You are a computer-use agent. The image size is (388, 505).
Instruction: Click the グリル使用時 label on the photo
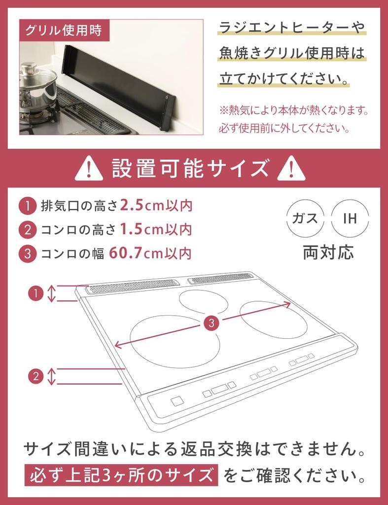(x=63, y=30)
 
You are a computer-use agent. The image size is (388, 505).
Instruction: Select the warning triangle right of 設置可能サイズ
(x=291, y=169)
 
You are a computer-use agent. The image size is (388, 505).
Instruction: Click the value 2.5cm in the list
(x=144, y=206)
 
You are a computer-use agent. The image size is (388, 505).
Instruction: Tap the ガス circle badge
(x=305, y=218)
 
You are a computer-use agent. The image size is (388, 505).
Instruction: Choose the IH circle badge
(x=350, y=218)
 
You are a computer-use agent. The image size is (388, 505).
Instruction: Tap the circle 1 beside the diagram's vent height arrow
(x=35, y=293)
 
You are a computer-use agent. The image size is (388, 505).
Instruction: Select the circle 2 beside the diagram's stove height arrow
(x=35, y=376)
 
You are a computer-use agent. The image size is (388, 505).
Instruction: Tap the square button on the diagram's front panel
(x=176, y=401)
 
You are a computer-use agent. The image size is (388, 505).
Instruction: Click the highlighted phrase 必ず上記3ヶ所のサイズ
(x=121, y=476)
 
